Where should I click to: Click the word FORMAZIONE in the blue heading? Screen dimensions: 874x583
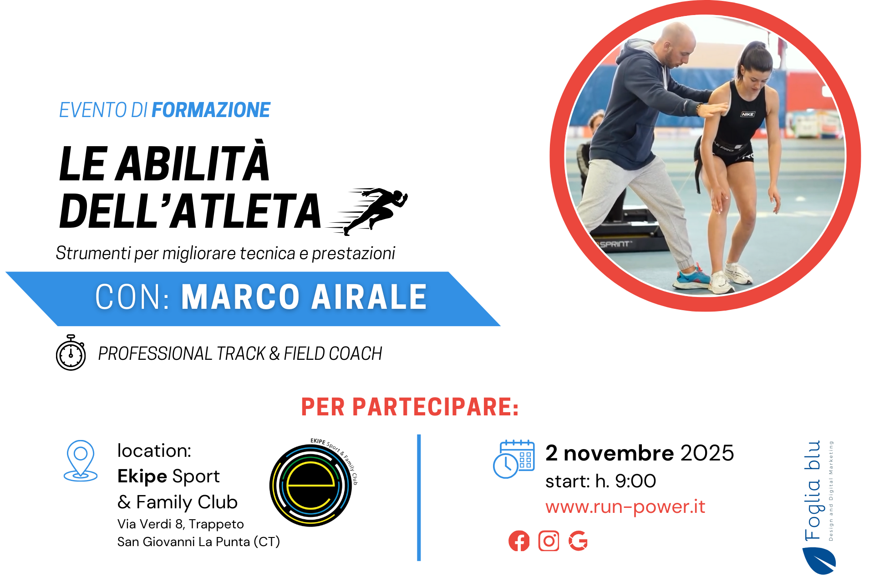pyautogui.click(x=211, y=110)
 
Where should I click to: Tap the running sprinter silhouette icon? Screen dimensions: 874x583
pyautogui.click(x=367, y=211)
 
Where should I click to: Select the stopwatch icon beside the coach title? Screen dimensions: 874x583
pyautogui.click(x=71, y=353)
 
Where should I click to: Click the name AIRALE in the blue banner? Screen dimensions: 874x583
pyautogui.click(x=369, y=297)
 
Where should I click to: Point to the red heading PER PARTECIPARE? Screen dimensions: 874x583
pyautogui.click(x=410, y=407)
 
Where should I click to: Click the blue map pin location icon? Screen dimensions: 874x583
pyautogui.click(x=81, y=460)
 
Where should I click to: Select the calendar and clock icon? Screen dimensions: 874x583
pyautogui.click(x=514, y=459)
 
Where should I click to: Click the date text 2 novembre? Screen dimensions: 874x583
pyautogui.click(x=610, y=453)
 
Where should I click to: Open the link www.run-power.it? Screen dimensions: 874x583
pyautogui.click(x=625, y=506)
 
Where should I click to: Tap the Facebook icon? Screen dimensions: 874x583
pyautogui.click(x=519, y=541)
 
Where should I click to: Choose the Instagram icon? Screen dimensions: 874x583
pyautogui.click(x=549, y=541)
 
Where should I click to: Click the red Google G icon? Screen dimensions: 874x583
pyautogui.click(x=578, y=541)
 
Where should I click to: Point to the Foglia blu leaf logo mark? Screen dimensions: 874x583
pyautogui.click(x=819, y=561)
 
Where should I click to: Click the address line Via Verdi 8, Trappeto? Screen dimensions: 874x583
pyautogui.click(x=181, y=524)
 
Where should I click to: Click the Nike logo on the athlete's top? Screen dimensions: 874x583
pyautogui.click(x=747, y=114)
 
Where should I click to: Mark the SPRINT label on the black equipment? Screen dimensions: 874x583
pyautogui.click(x=615, y=244)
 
